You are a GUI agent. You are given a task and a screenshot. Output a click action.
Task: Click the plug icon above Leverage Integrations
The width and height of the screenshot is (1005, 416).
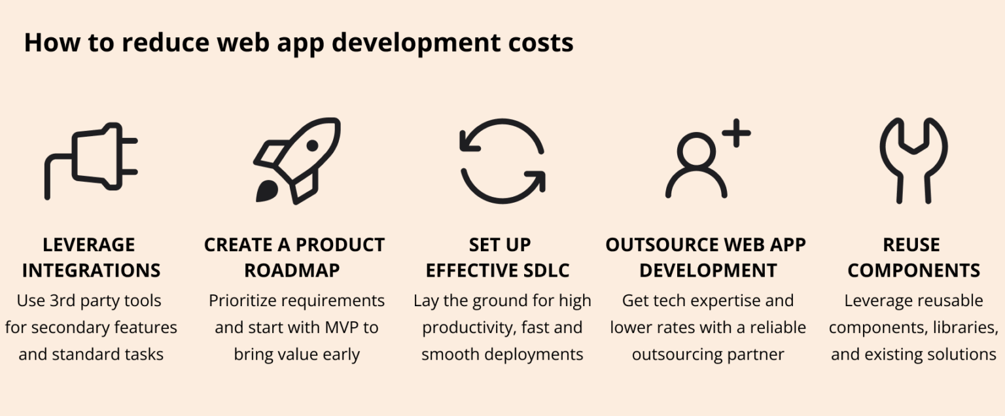[92, 160]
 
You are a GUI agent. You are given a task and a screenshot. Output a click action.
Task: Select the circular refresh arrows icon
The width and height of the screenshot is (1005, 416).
[502, 161]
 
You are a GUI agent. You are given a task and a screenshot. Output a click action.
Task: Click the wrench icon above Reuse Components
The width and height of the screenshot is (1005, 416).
[913, 161]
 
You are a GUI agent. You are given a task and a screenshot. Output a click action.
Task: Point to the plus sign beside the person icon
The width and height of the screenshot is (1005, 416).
[736, 133]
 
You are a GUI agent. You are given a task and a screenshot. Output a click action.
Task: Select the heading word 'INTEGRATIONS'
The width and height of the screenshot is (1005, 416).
[92, 270]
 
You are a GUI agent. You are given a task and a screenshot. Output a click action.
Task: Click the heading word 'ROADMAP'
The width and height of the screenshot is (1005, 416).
[294, 270]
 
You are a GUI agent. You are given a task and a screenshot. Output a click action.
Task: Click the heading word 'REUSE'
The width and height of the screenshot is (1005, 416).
[911, 245]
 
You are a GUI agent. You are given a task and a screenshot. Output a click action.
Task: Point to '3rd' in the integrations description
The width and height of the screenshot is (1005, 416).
[60, 301]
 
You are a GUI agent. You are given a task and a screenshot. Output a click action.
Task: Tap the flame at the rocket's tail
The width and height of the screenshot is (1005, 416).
[266, 191]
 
